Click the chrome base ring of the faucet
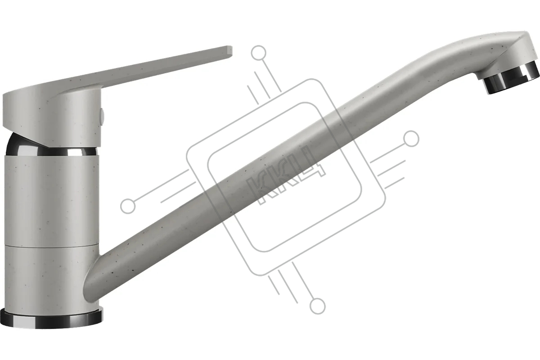coord(52,318)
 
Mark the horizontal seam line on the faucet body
coord(51,247)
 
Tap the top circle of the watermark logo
coord(258,53)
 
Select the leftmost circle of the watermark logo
coord(128,207)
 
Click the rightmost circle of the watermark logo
coord(412,139)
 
